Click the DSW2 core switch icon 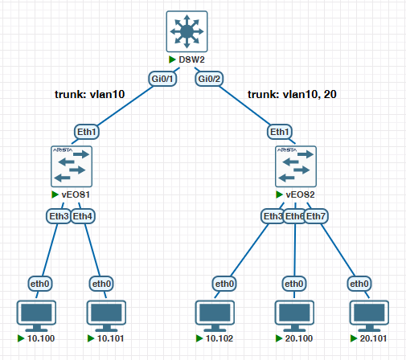click(187, 31)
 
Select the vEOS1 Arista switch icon click(72, 166)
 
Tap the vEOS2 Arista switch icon click(296, 166)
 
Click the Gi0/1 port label click(162, 79)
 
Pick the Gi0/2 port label click(209, 79)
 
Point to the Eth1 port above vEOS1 click(87, 132)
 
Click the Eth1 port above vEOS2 click(280, 132)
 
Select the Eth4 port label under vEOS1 click(83, 216)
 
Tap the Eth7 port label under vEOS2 click(316, 216)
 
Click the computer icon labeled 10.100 click(36, 316)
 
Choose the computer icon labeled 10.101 click(106, 316)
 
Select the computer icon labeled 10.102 click(215, 316)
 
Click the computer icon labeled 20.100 click(294, 316)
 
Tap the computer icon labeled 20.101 click(369, 316)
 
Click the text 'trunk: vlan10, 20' click(292, 95)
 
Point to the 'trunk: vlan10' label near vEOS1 click(90, 95)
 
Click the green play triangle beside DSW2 click(172, 59)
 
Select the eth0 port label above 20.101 click(359, 284)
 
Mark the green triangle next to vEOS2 click(279, 194)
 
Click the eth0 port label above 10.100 click(40, 284)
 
